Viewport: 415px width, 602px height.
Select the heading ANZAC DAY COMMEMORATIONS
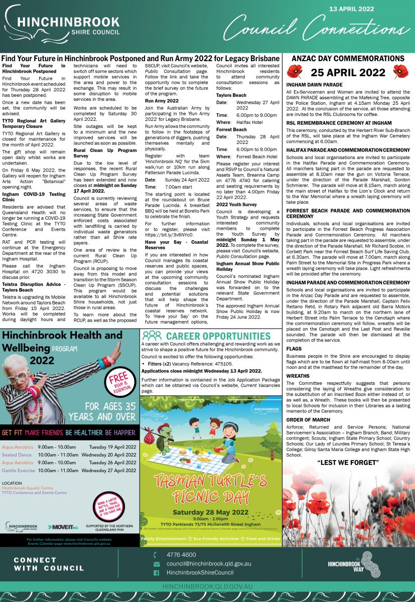coord(348,59)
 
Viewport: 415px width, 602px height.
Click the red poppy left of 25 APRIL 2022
coord(299,72)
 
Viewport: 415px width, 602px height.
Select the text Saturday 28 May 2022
coord(210,512)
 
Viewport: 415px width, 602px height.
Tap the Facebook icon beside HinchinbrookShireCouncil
coord(156,573)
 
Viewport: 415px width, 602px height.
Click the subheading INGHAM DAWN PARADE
coord(314,85)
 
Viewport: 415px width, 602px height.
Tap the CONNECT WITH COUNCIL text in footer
coord(49,564)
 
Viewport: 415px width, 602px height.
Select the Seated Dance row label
coord(17,455)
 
